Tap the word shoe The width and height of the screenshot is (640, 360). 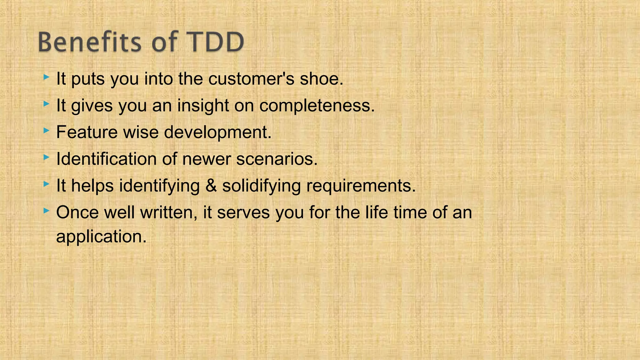point(321,78)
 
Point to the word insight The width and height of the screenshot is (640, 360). point(203,105)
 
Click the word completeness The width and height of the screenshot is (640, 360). point(317,105)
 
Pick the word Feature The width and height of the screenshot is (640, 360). point(87,132)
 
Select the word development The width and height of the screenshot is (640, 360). point(217,132)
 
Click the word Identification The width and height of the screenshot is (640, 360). point(106,159)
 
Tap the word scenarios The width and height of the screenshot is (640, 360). point(277,159)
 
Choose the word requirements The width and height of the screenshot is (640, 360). point(361,186)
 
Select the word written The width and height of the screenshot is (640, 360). point(169,212)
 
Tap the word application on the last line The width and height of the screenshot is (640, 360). point(101,237)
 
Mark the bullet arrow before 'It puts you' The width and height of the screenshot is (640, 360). point(46,77)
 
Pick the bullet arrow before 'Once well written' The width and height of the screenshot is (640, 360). point(46,211)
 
